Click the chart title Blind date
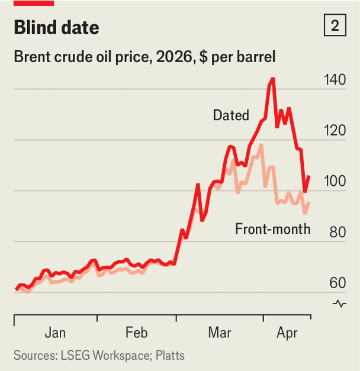tap(56, 27)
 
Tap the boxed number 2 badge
tap(335, 26)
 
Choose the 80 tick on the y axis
tap(337, 233)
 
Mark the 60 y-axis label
tap(337, 283)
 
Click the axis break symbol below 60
tap(339, 304)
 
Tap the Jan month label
tap(56, 333)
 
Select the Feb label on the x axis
tap(137, 333)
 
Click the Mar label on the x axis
tap(220, 333)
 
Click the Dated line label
tap(231, 115)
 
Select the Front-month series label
tap(272, 229)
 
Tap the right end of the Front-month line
tap(309, 203)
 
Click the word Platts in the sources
tap(171, 356)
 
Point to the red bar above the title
tap(34, 3)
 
